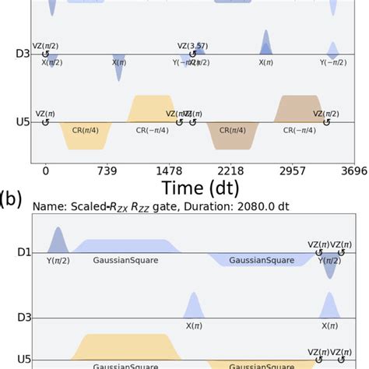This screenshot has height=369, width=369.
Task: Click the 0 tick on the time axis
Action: pyautogui.click(x=46, y=170)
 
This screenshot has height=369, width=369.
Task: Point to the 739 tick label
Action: pyautogui.click(x=107, y=170)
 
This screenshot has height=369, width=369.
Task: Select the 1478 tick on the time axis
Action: pyautogui.click(x=169, y=170)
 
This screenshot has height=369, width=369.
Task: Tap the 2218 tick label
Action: pyautogui.click(x=230, y=170)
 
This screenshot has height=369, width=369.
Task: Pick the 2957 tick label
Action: pyautogui.click(x=292, y=170)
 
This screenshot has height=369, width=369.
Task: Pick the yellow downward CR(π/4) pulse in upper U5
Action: pyautogui.click(x=86, y=135)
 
